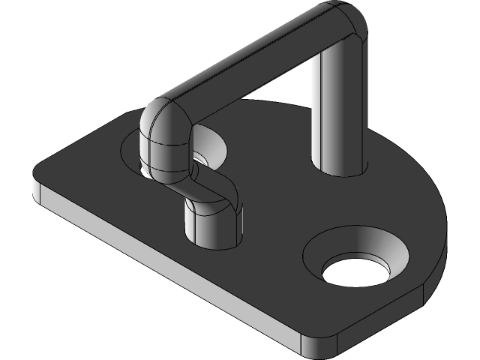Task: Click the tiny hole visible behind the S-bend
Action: coord(200,158)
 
